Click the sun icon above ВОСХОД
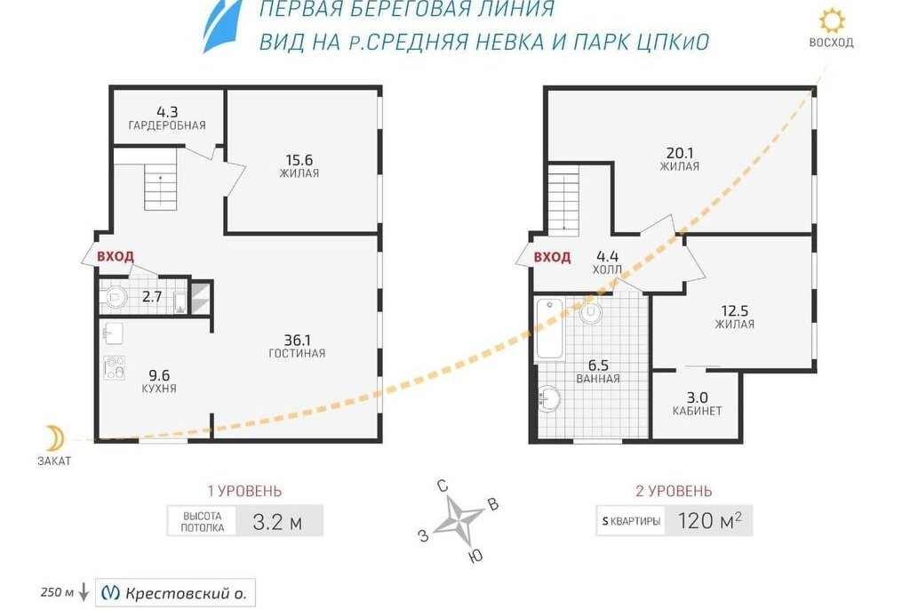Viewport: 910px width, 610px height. click(x=832, y=21)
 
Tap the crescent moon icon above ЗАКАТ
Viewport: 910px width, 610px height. click(x=55, y=437)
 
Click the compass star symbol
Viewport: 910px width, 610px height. click(x=459, y=518)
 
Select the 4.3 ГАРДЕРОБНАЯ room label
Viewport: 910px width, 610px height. click(x=167, y=118)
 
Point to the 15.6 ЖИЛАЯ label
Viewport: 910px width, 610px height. click(x=299, y=165)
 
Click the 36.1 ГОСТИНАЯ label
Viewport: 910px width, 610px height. click(x=297, y=346)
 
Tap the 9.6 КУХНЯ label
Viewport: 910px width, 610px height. click(x=158, y=381)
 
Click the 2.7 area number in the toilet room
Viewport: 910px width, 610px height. click(x=152, y=297)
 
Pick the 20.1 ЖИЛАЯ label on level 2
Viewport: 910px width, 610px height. click(x=680, y=158)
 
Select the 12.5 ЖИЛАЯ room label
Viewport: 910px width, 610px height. click(x=735, y=317)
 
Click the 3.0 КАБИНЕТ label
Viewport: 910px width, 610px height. click(x=697, y=404)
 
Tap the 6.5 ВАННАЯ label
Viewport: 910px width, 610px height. click(x=598, y=371)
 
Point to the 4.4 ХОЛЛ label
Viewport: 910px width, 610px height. click(x=608, y=262)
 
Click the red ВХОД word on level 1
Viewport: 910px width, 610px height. click(x=116, y=256)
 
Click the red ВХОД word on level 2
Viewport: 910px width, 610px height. click(x=553, y=257)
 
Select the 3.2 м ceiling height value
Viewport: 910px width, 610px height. click(x=277, y=522)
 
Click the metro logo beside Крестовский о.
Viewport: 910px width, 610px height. click(x=110, y=592)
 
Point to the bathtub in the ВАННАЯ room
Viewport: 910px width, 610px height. click(x=549, y=329)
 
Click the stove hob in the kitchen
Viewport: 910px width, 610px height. click(x=115, y=368)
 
